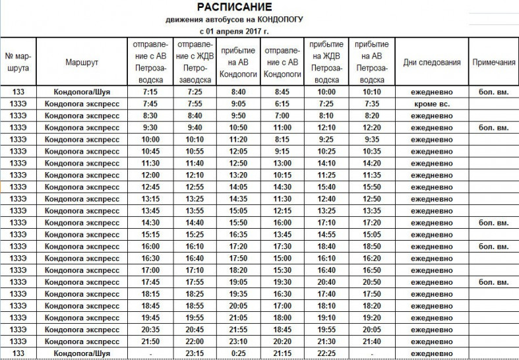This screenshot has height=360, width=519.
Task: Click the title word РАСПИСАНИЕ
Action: coord(234,7)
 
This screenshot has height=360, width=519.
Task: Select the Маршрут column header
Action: coord(82,62)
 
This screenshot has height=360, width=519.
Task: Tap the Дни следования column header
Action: coord(431,62)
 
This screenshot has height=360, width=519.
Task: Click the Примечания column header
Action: coord(493,62)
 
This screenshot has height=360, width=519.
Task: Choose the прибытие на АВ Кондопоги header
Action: coord(238,62)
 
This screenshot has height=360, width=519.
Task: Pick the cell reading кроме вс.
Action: coord(431,104)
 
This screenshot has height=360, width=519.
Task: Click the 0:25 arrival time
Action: coord(238,353)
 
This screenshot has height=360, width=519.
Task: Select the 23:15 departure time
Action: coord(195,353)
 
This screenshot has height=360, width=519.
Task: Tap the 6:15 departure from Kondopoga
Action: coord(282,104)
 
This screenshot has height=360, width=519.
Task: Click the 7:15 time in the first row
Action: coord(151,92)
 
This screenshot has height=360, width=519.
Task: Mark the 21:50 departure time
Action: coord(151,342)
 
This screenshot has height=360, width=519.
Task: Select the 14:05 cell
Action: coord(238,187)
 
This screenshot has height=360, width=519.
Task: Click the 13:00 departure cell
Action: coord(282,163)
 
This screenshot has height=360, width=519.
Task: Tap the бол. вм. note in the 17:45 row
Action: coord(493,282)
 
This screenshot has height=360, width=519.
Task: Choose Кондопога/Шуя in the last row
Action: coord(82,353)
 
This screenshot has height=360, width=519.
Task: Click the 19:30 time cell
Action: coord(282,282)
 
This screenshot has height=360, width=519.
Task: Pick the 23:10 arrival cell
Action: coord(238,342)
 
